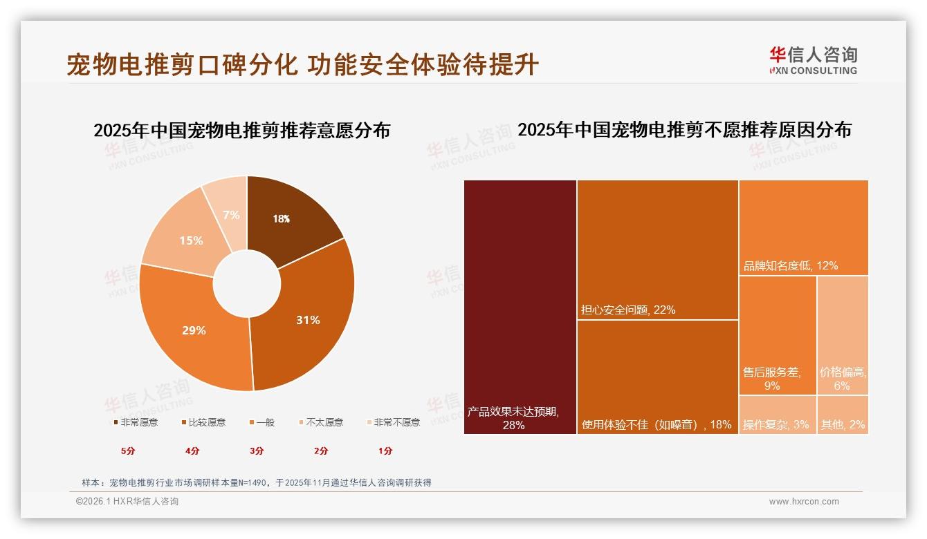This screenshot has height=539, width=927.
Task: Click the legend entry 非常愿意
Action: point(135,422)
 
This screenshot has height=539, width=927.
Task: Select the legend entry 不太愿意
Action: point(320,422)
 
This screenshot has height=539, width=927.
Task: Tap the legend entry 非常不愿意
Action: point(392,422)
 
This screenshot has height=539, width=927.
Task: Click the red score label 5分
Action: point(128,451)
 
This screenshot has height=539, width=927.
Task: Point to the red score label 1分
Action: point(385,451)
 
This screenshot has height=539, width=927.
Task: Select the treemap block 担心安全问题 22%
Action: point(657,249)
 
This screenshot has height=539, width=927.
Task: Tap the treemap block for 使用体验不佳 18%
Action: point(657,377)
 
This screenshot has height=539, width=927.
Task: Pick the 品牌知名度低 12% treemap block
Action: point(803,227)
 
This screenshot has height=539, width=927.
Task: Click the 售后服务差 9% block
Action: point(778,335)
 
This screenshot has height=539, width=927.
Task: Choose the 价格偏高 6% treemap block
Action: point(842,335)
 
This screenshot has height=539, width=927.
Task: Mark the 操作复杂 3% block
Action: point(778,415)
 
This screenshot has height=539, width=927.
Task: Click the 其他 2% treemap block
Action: point(842,415)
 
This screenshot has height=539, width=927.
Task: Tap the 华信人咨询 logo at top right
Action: point(813,60)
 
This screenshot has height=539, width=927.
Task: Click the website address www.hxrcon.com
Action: point(804,502)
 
